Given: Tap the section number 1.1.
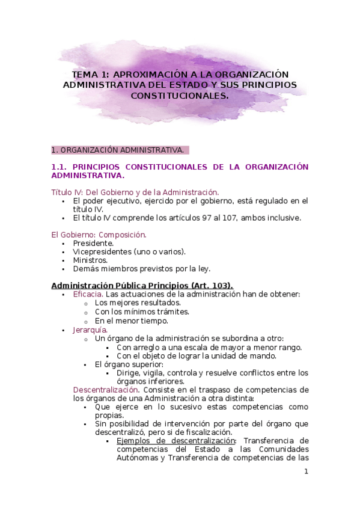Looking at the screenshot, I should click(60, 167).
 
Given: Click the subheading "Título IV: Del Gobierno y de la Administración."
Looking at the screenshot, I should click(135, 192).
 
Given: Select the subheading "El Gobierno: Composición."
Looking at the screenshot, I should click(99, 235).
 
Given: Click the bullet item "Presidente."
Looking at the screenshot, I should click(93, 243).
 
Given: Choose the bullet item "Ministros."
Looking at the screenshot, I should click(90, 260).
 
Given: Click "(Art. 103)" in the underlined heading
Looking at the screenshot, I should click(212, 285).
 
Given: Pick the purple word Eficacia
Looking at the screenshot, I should click(88, 294).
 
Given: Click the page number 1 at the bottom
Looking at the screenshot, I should click(305, 472).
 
